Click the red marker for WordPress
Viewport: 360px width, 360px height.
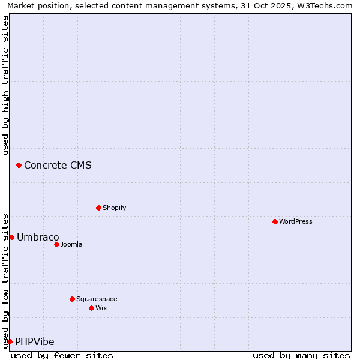click(x=275, y=221)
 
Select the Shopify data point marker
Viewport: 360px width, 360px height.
click(x=98, y=208)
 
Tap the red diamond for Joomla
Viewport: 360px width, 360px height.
click(x=56, y=244)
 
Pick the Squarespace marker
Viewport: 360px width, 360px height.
click(x=72, y=299)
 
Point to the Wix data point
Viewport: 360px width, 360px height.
click(x=91, y=308)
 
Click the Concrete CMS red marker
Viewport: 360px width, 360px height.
click(x=19, y=165)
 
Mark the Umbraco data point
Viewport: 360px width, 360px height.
click(x=11, y=237)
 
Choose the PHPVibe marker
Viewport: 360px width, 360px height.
click(x=10, y=341)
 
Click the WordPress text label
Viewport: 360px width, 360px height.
click(x=296, y=221)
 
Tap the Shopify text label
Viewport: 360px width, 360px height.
click(x=114, y=208)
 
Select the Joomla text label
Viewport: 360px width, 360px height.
click(x=71, y=244)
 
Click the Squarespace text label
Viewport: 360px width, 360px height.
click(x=97, y=299)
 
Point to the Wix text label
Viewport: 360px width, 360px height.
click(x=101, y=308)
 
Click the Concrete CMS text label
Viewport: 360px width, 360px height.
click(x=58, y=165)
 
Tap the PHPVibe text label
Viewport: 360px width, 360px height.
click(x=35, y=341)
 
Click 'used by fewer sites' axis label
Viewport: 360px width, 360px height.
click(x=62, y=355)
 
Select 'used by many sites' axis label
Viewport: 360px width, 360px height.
click(x=301, y=355)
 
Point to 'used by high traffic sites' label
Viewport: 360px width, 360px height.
click(x=5, y=85)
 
